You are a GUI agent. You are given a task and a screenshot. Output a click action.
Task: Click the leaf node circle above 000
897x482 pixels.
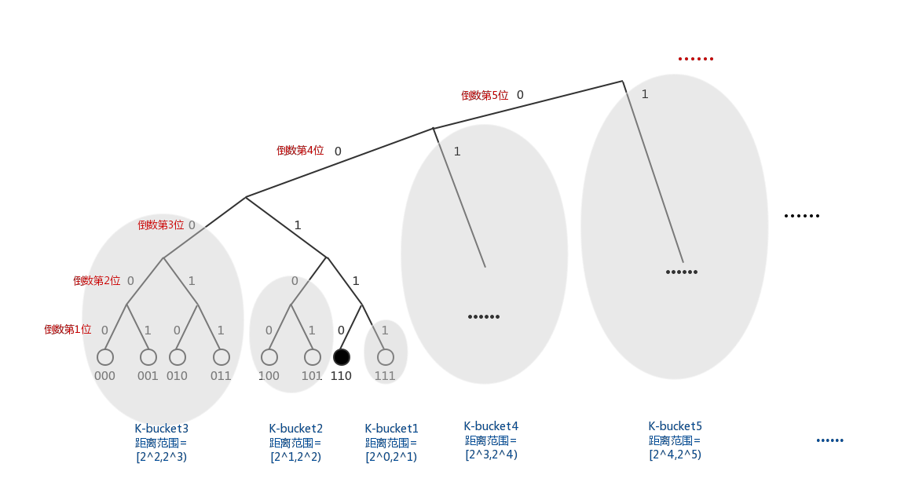[105, 357]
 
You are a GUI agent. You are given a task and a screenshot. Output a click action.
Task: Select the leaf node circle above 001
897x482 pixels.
[148, 357]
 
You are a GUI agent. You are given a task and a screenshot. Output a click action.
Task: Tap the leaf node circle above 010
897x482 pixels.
[178, 357]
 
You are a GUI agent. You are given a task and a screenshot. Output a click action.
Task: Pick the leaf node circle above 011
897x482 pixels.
[222, 357]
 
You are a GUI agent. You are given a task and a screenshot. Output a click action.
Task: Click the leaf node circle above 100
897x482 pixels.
[269, 357]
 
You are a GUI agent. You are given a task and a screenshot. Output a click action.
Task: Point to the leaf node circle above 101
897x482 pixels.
[313, 357]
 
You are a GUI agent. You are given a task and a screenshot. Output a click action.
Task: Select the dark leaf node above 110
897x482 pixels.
[342, 357]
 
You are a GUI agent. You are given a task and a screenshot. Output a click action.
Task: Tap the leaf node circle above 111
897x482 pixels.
[385, 357]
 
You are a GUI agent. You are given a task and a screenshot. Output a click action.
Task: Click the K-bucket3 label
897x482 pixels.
[162, 429]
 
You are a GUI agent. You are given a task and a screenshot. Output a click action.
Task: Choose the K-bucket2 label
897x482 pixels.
[296, 429]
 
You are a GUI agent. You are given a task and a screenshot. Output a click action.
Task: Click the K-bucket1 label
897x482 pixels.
[391, 429]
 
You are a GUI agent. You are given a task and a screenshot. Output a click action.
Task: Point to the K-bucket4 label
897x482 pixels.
[491, 426]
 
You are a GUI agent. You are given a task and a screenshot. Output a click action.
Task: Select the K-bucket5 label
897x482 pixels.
[675, 426]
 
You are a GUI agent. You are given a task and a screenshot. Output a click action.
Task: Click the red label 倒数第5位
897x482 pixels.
[485, 95]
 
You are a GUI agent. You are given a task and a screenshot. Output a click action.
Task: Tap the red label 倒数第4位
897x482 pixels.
[300, 151]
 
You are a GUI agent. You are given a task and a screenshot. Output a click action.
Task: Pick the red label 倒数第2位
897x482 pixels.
[97, 281]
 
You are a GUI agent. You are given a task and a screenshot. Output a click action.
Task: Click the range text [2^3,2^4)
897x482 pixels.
[491, 454]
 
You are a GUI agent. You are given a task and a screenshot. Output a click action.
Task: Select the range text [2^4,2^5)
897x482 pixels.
[675, 454]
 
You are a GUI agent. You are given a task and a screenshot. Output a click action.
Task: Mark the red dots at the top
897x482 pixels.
[695, 59]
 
